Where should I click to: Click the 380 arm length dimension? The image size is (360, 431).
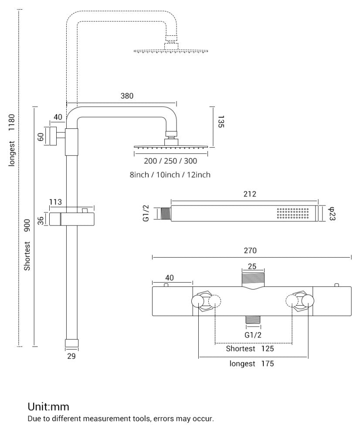pyautogui.click(x=127, y=96)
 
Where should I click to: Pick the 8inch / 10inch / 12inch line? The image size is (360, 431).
pyautogui.click(x=170, y=175)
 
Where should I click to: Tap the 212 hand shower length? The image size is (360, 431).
pyautogui.click(x=250, y=194)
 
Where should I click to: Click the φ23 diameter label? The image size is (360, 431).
pyautogui.click(x=331, y=213)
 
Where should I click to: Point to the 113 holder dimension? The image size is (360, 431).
pyautogui.click(x=55, y=202)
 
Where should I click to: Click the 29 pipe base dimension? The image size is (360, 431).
pyautogui.click(x=71, y=357)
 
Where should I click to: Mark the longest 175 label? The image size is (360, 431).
pyautogui.click(x=252, y=364)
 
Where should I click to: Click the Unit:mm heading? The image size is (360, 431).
pyautogui.click(x=48, y=407)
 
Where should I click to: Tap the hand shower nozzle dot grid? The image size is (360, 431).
pyautogui.click(x=293, y=214)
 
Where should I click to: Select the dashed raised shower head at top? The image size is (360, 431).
pyautogui.click(x=171, y=51)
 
